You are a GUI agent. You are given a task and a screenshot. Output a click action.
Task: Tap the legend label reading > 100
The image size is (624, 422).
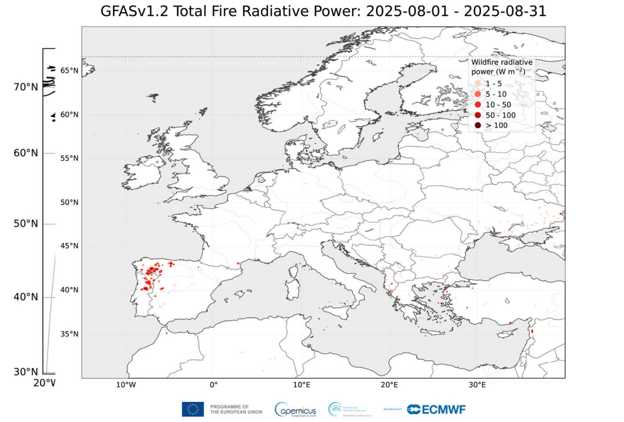pos(496,125)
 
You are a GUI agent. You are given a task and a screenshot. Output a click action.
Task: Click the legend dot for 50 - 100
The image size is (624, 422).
pos(477,115)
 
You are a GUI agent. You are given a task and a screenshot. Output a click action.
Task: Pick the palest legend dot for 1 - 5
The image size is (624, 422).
pos(477,83)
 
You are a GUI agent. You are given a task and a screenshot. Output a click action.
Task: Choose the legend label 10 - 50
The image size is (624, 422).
pos(498,105)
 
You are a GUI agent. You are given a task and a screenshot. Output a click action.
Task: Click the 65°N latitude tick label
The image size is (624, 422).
pos(69,70)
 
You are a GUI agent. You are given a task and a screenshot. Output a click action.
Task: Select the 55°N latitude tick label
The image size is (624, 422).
pos(69,158)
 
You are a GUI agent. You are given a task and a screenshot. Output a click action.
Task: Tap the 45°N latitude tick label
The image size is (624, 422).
pos(69,246)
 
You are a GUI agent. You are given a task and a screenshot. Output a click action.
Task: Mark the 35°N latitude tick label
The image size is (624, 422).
pos(69,334)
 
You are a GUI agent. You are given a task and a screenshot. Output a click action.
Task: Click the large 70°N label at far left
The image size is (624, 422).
pos(26,87)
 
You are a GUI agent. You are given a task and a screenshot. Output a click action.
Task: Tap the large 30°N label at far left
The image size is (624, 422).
pos(26,372)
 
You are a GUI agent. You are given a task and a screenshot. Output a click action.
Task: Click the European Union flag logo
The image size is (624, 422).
pos(193,409)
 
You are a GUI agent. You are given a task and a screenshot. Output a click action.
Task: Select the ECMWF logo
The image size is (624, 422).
pos(436,409)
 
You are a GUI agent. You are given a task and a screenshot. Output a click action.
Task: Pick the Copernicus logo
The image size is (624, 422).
pos(295,409)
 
